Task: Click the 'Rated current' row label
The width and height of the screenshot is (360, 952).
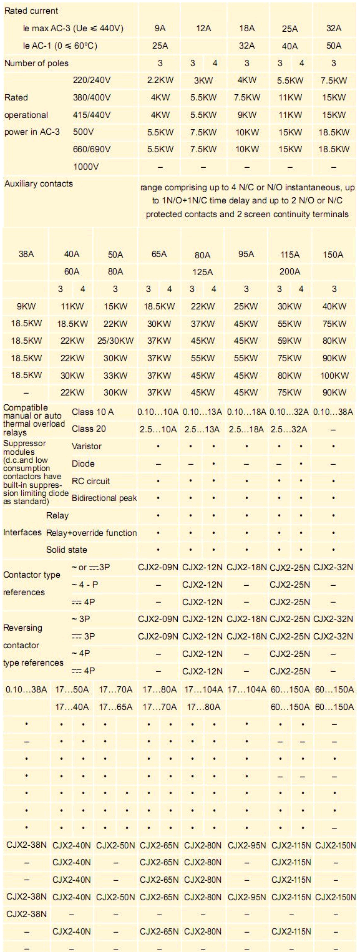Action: click(x=31, y=11)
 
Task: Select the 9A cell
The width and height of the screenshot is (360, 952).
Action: click(x=160, y=28)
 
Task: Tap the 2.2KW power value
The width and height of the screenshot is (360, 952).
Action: click(x=160, y=80)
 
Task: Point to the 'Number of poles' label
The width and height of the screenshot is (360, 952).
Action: click(x=36, y=63)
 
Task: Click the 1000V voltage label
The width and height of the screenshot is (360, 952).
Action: click(x=86, y=167)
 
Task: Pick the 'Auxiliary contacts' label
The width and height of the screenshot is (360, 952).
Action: click(x=38, y=183)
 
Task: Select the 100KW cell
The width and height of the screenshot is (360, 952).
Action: click(x=334, y=375)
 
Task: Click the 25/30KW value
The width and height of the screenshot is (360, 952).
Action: click(x=115, y=341)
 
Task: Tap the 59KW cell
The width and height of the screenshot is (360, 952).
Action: click(x=289, y=341)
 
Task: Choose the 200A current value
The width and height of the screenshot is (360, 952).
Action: click(x=289, y=271)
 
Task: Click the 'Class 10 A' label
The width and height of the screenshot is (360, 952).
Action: click(x=93, y=412)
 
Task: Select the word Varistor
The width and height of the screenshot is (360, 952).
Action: click(x=87, y=446)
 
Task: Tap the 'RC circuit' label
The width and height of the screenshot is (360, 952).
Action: click(x=91, y=481)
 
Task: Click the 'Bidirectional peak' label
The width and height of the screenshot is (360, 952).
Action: click(x=104, y=498)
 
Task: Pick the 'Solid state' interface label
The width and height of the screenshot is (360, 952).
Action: click(x=67, y=550)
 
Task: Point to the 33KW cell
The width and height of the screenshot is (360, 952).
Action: click(x=115, y=375)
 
